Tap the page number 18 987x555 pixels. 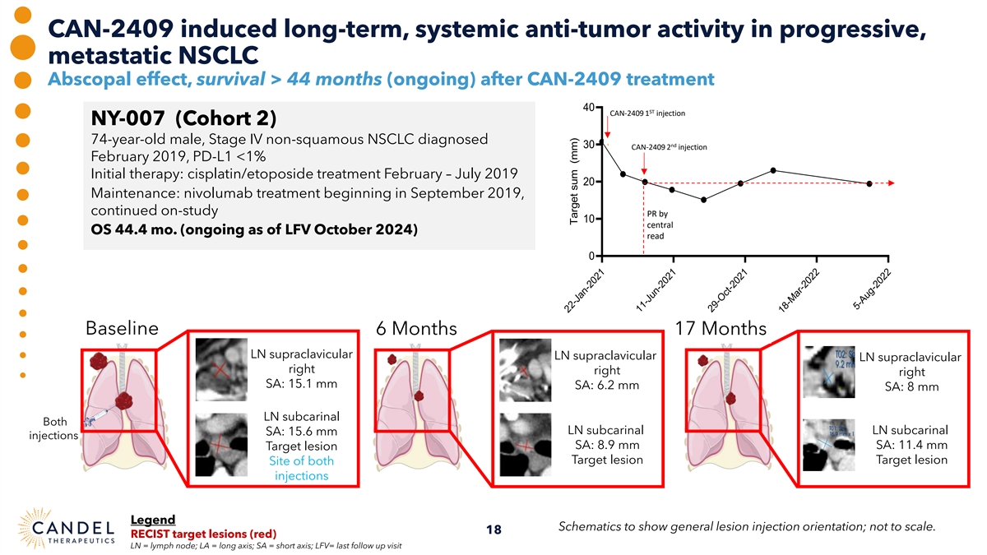pos(493,530)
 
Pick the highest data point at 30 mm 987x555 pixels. pos(602,141)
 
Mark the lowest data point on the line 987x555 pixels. pos(704,200)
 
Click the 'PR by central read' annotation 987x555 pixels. pos(660,224)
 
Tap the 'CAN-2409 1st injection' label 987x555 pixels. pos(647,113)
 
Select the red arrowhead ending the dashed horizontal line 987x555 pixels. pos(890,183)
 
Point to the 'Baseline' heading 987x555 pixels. pos(122,328)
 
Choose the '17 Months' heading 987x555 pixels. pos(720,328)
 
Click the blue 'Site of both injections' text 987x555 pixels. pos(301,469)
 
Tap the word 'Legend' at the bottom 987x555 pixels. pos(153,519)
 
